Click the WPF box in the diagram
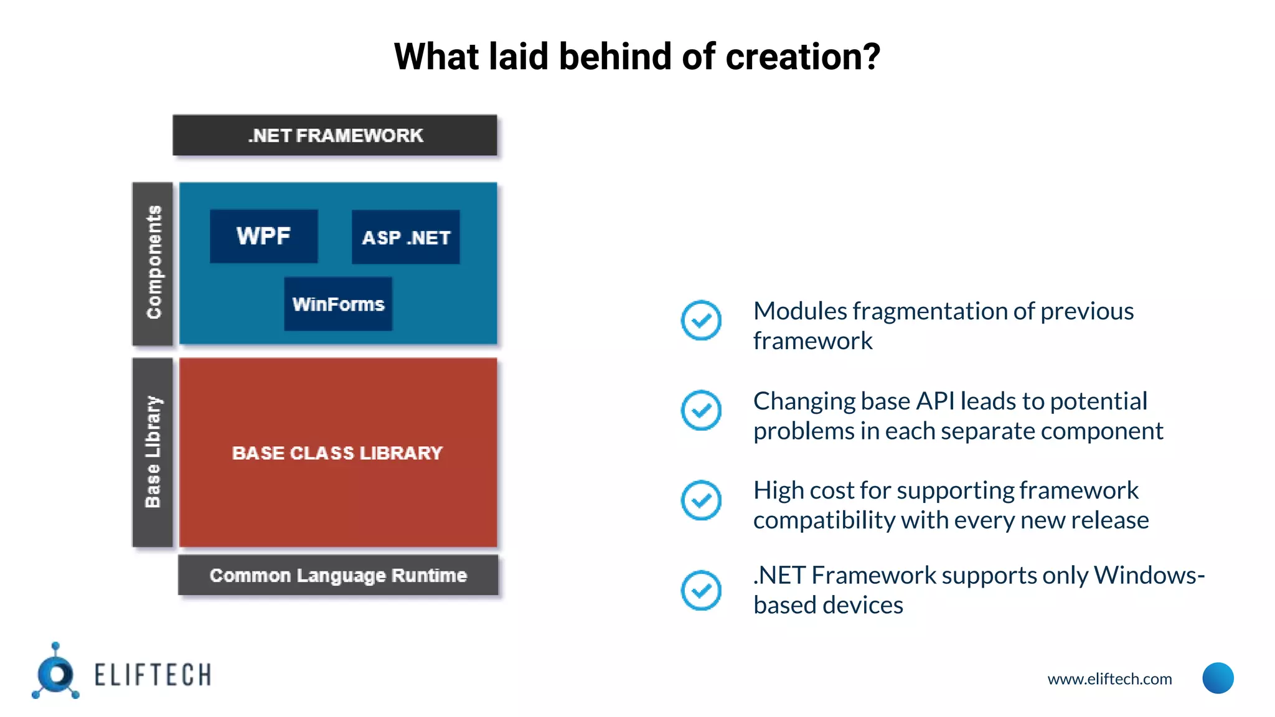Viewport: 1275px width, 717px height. pyautogui.click(x=263, y=237)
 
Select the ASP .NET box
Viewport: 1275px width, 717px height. pyautogui.click(x=406, y=237)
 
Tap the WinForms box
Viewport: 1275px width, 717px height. pyautogui.click(x=338, y=304)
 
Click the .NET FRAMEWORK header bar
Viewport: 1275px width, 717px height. pyautogui.click(x=335, y=135)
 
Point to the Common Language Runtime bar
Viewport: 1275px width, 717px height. pyautogui.click(x=338, y=575)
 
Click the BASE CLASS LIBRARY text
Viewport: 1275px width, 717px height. pyautogui.click(x=337, y=452)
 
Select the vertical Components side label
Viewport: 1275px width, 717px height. pyautogui.click(x=153, y=263)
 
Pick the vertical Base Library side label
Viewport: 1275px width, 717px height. pyautogui.click(x=153, y=452)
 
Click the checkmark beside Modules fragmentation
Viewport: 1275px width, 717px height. pyautogui.click(x=701, y=321)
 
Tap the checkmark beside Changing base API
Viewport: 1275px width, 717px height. pyautogui.click(x=701, y=410)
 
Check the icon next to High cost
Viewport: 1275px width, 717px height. pyautogui.click(x=701, y=500)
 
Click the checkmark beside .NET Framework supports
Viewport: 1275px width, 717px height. pyautogui.click(x=701, y=590)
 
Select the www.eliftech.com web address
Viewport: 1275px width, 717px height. pyautogui.click(x=1109, y=678)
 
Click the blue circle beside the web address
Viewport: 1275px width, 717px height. pyautogui.click(x=1218, y=678)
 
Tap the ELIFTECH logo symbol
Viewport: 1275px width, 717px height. pyautogui.click(x=56, y=673)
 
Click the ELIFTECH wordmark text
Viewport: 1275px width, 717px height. pyautogui.click(x=153, y=675)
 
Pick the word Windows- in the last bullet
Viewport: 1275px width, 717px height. pyautogui.click(x=1149, y=575)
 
